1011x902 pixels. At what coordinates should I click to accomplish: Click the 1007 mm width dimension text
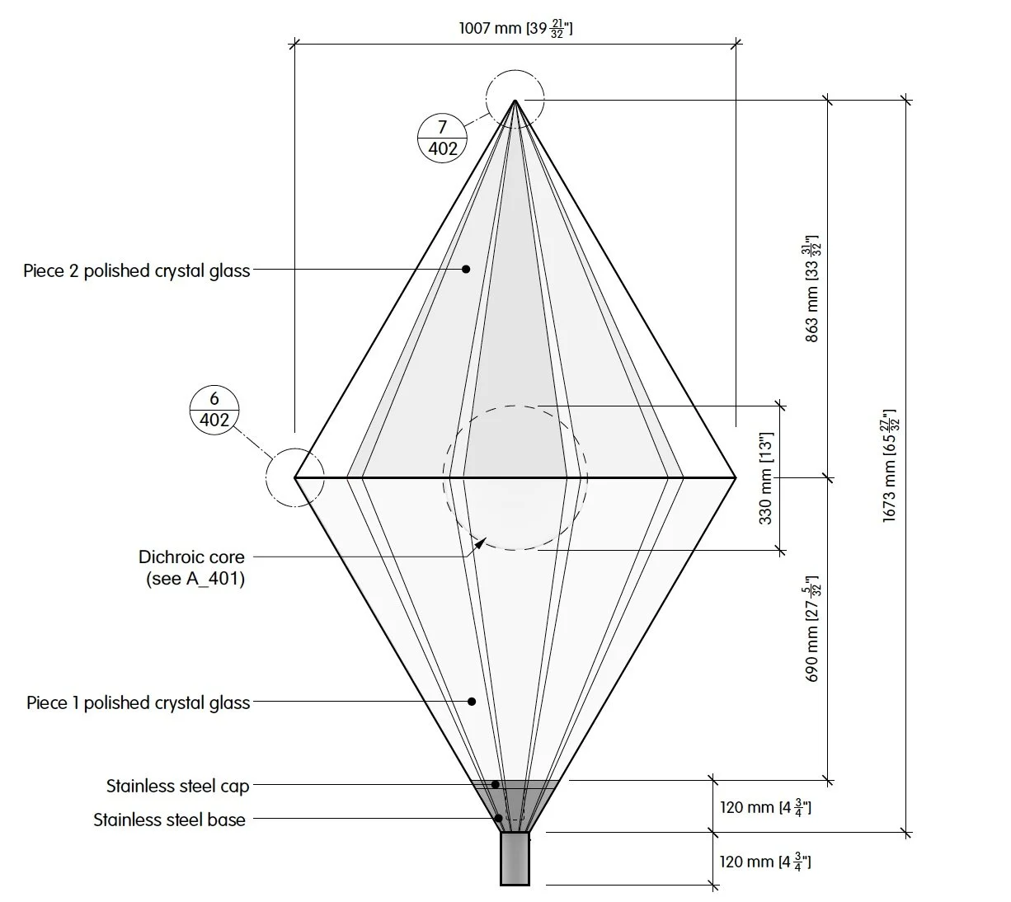(515, 28)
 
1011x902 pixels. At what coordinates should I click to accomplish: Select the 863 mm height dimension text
(812, 289)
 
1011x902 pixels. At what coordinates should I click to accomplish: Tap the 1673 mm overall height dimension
(890, 466)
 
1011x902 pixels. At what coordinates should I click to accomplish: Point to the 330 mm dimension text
(765, 478)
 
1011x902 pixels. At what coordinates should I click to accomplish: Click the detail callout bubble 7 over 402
(442, 139)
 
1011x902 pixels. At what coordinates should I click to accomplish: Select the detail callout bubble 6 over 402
(214, 410)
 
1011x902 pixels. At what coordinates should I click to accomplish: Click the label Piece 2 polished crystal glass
(136, 271)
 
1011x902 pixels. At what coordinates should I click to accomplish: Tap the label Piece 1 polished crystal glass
(138, 703)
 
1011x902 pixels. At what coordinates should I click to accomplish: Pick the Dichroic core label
(191, 557)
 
